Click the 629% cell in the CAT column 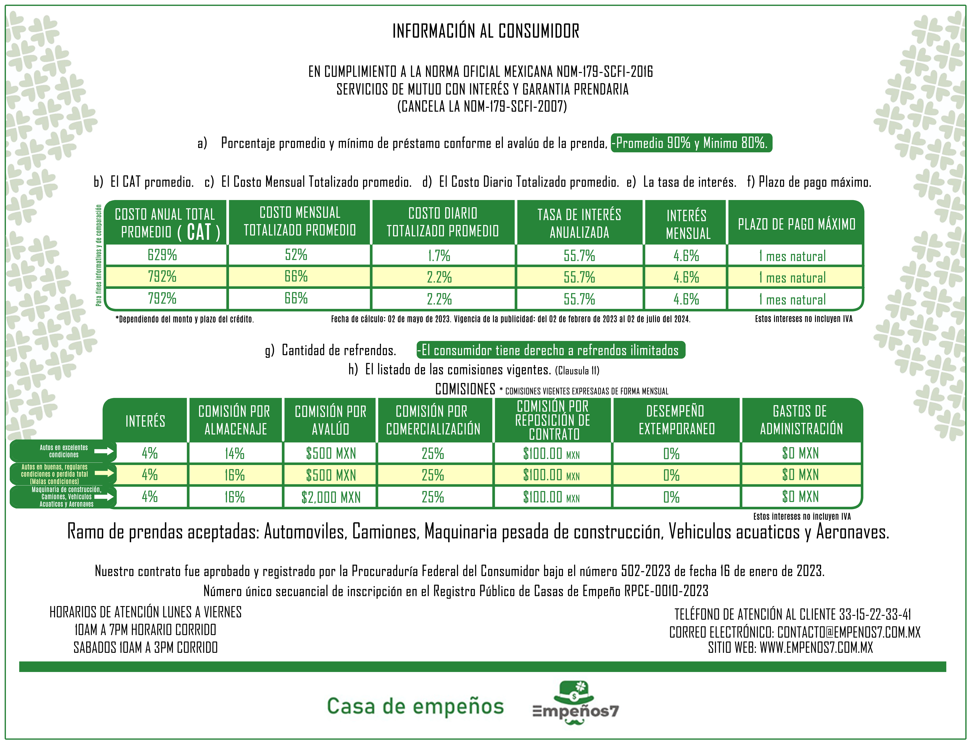point(162,255)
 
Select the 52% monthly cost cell point(296,255)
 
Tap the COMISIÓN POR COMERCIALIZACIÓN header point(433,420)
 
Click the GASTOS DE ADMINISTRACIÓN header point(801,420)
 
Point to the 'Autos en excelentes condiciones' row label point(64,451)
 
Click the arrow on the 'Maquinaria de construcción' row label point(104,496)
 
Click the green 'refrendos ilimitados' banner point(551,350)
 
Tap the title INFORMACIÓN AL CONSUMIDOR point(486,31)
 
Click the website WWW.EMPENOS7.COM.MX point(816,648)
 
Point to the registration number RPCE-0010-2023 point(666,591)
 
